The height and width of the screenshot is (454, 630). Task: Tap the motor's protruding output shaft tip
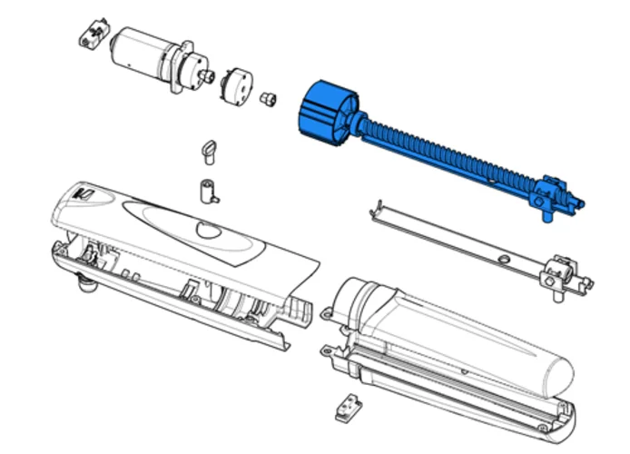pos(211,76)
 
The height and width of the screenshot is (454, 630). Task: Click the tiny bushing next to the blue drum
pos(268,97)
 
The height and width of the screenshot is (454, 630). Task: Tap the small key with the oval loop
pos(209,150)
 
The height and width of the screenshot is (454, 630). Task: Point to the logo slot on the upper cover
pos(83,192)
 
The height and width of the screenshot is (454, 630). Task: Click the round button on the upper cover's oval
pos(207,232)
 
